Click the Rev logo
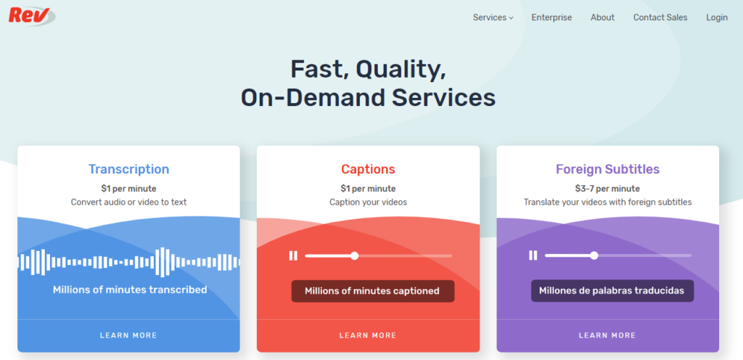click(32, 16)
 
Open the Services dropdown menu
click(493, 17)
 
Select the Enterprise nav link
click(551, 17)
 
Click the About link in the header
click(602, 17)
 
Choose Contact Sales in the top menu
click(660, 17)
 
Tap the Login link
click(716, 17)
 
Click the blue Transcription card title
click(129, 169)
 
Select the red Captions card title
click(368, 169)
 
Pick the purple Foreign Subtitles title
click(607, 169)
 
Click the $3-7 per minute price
click(607, 189)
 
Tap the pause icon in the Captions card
click(293, 255)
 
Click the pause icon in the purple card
click(533, 255)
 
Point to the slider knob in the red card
click(354, 255)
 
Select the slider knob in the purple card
click(594, 255)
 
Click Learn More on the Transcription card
click(128, 335)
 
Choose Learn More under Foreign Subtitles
click(607, 335)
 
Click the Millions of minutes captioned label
click(372, 291)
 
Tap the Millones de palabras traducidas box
click(612, 291)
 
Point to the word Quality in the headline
click(401, 70)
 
